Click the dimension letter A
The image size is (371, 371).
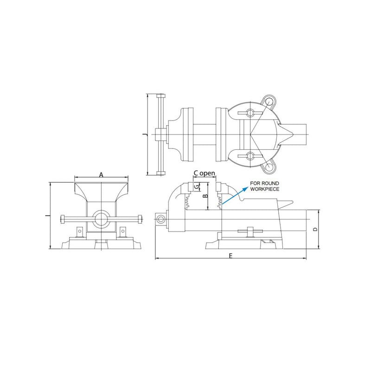tap(101, 175)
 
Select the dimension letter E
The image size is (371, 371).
tap(231, 256)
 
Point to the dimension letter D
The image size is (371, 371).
tap(315, 229)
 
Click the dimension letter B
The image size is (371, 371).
tap(205, 196)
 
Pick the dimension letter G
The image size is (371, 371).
tap(197, 187)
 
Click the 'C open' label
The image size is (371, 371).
tap(205, 173)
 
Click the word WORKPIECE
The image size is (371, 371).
tap(265, 189)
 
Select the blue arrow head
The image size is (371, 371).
tap(246, 188)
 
